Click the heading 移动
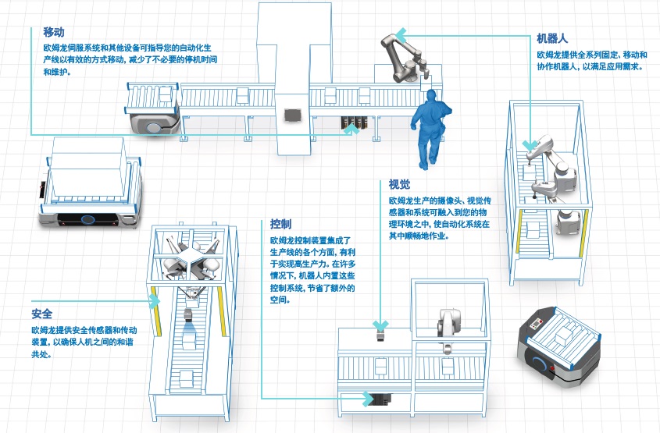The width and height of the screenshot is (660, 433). tap(53, 33)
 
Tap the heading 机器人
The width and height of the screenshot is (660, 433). tap(551, 39)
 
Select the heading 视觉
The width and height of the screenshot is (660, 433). tap(399, 185)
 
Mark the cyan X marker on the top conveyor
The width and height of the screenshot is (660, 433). tap(353, 129)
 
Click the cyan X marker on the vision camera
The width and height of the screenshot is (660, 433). tap(380, 324)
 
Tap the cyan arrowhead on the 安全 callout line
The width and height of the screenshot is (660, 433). tap(155, 300)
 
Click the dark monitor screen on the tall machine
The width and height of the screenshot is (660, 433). tap(293, 114)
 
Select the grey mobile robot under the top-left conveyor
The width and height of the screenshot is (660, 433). tap(151, 122)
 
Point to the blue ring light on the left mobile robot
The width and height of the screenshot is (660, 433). tap(88, 219)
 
